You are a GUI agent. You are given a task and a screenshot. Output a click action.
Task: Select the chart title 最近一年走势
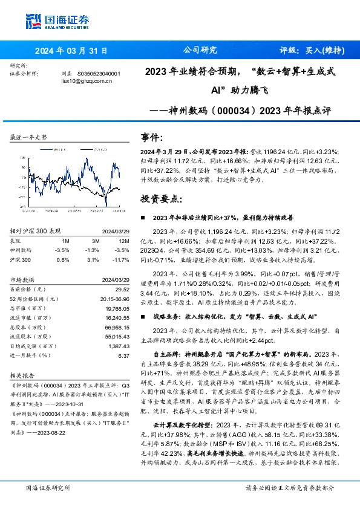28,137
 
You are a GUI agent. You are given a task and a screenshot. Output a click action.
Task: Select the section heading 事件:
151,138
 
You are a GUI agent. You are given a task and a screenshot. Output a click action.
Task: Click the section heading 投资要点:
161,198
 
